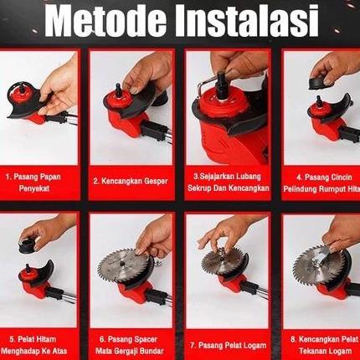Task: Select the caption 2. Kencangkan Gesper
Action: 131,180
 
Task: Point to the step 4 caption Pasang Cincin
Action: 321,183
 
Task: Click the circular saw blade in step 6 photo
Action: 122,265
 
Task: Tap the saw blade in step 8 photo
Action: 316,269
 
